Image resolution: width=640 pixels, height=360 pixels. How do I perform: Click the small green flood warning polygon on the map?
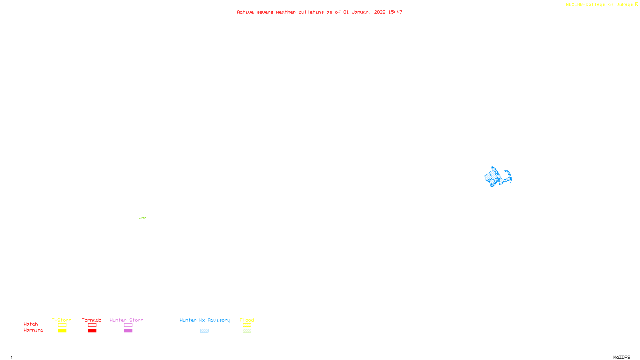tap(142, 218)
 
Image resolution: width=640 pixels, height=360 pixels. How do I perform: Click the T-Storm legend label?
tap(62, 320)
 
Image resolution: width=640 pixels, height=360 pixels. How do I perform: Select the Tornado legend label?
tap(92, 320)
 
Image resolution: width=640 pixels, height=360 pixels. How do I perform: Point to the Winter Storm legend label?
tap(126, 320)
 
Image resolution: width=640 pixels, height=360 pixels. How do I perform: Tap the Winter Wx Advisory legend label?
tap(205, 320)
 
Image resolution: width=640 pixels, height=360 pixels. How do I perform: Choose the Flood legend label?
tap(247, 320)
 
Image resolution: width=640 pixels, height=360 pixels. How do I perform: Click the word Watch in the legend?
tap(31, 324)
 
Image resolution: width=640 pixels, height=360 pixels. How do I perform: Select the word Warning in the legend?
tap(34, 330)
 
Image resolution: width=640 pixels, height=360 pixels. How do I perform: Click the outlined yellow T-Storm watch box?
tap(62, 325)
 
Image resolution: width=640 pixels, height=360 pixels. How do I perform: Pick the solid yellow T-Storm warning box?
tap(62, 331)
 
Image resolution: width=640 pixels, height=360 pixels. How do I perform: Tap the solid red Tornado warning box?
tap(92, 331)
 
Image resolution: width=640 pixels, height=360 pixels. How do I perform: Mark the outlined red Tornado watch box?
tap(92, 325)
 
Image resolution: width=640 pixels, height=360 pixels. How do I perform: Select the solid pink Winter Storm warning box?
tap(128, 331)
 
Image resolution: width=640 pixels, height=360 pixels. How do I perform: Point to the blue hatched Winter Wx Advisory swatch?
tap(204, 331)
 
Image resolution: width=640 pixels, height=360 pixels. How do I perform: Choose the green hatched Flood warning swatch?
tap(247, 331)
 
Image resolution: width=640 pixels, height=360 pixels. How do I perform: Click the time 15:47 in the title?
tap(395, 12)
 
